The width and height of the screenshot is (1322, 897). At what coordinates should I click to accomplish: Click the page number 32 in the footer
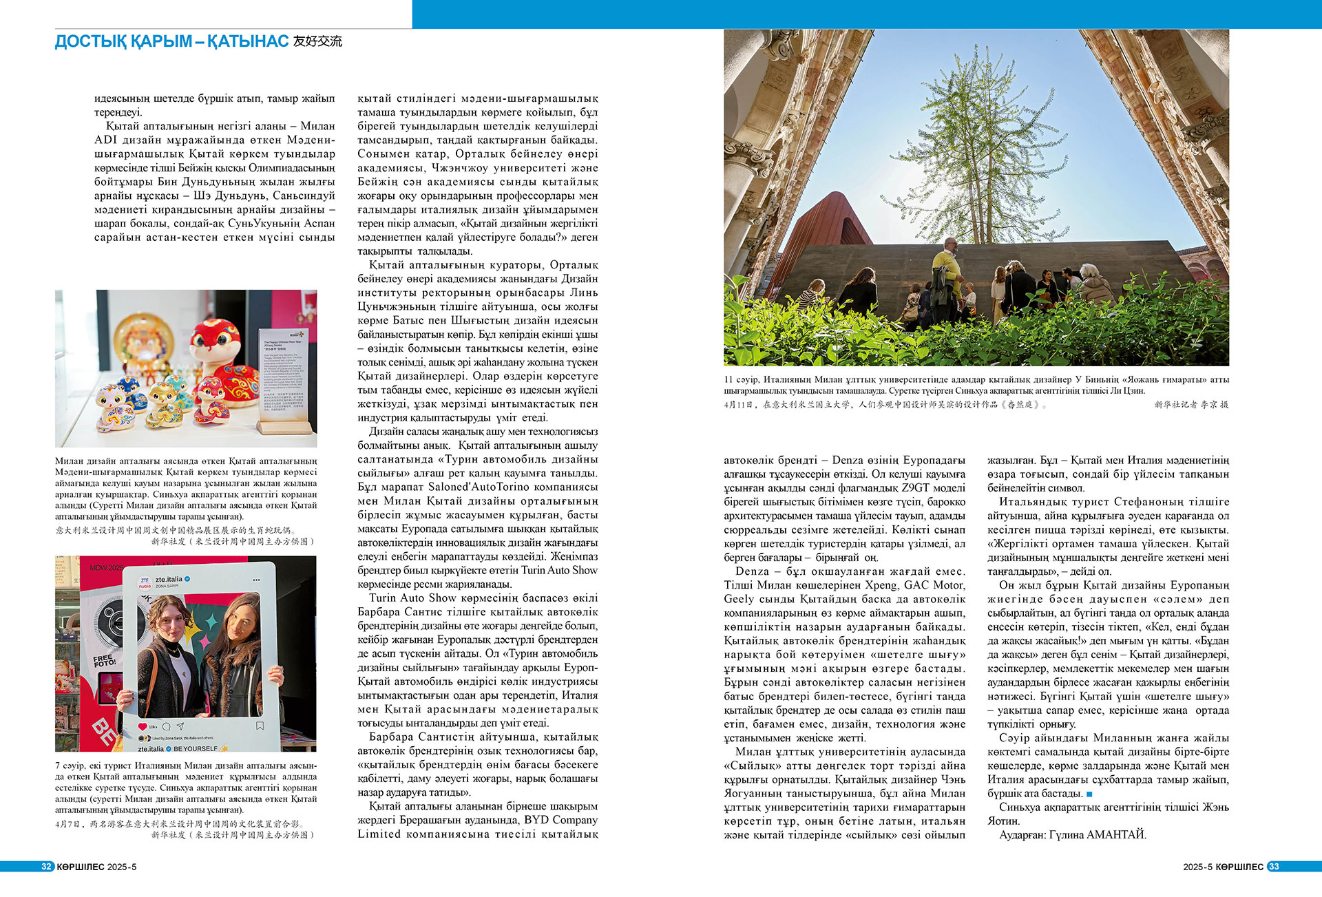46,867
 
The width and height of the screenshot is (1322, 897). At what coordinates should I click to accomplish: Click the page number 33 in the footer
1273,867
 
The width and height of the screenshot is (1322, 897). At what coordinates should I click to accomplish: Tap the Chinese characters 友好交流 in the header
317,41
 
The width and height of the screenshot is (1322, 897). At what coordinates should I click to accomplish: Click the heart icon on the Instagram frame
143,726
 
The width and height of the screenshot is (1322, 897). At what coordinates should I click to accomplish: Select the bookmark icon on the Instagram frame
260,726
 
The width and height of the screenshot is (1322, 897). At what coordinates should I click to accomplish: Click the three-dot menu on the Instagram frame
258,580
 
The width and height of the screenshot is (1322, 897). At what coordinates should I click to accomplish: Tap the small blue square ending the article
1089,794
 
